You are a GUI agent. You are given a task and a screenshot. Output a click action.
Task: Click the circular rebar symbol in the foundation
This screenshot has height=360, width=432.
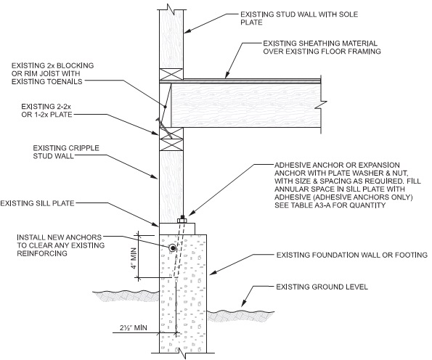tap(173, 249)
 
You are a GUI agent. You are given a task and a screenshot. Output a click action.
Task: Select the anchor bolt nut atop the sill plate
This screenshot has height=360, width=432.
tap(181, 218)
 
